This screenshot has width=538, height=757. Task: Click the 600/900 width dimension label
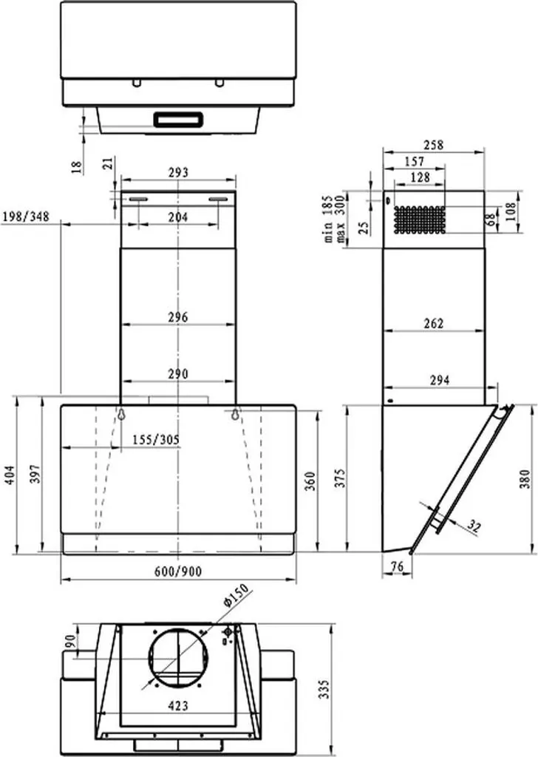point(177,571)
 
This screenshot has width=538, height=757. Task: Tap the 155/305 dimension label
point(155,438)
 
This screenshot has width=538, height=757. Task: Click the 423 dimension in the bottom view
point(177,705)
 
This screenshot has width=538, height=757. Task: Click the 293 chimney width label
point(177,172)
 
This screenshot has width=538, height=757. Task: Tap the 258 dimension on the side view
point(434,146)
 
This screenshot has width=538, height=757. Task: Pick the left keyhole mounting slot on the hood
point(120,414)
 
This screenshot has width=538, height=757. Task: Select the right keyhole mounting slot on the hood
point(235,414)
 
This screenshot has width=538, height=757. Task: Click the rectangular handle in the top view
point(178,118)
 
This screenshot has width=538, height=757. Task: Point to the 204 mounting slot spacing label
point(177,217)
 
